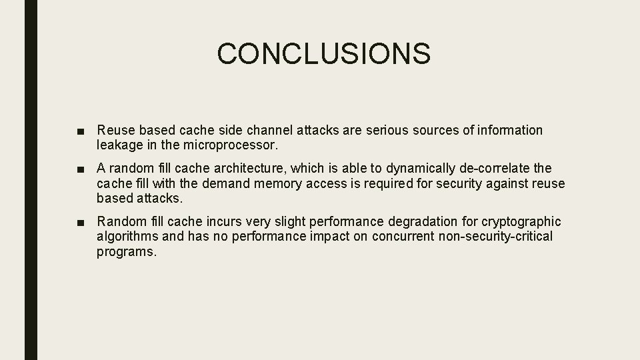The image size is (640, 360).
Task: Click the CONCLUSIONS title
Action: tap(323, 53)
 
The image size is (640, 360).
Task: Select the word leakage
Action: tap(119, 144)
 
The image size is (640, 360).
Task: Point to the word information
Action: tap(509, 130)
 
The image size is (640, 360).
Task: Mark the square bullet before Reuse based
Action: tap(81, 131)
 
